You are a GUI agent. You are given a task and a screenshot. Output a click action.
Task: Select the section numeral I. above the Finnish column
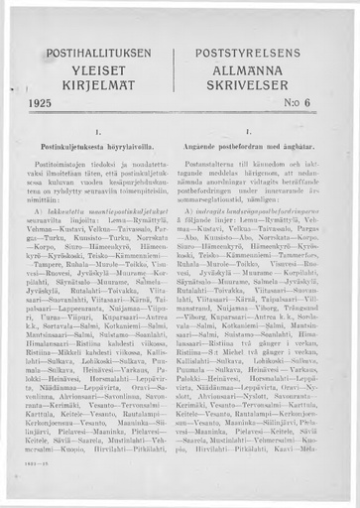[x=95, y=130]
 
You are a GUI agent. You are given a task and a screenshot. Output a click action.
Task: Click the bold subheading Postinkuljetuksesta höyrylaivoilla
[x=95, y=145]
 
